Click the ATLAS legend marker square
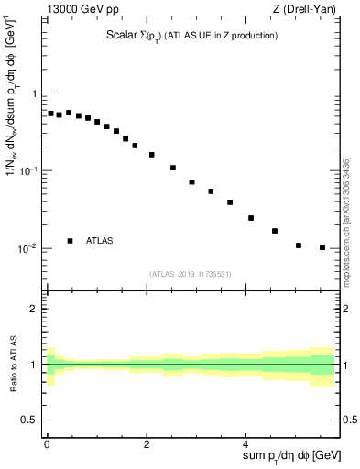click(x=70, y=241)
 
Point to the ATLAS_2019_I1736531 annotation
click(x=191, y=273)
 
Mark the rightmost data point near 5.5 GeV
click(x=322, y=247)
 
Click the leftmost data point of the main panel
click(x=50, y=114)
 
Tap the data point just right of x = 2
click(x=152, y=155)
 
